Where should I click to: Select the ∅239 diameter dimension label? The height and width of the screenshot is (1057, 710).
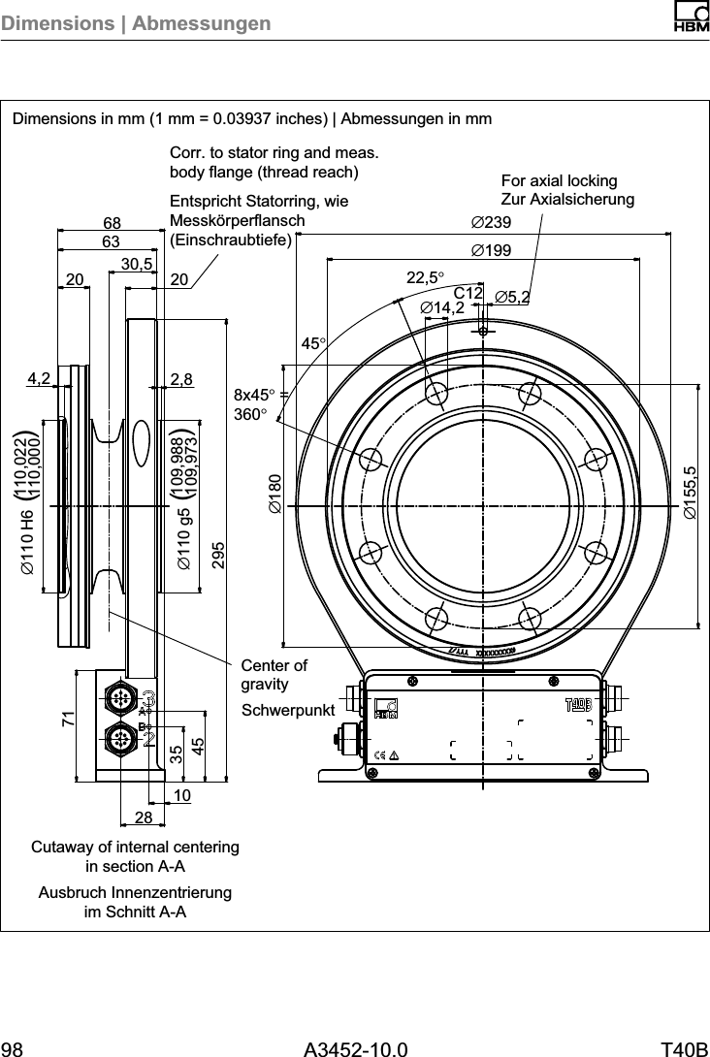[491, 224]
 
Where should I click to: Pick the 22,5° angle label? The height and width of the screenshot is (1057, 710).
[425, 277]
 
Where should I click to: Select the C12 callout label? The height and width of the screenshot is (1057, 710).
[468, 293]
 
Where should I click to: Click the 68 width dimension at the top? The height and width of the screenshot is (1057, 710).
[112, 223]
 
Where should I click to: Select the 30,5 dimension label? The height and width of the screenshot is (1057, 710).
[138, 264]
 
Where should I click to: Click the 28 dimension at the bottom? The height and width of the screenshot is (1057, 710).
[144, 818]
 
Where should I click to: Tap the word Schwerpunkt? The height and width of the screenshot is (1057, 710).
[287, 711]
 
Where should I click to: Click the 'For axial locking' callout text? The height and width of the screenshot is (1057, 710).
[559, 181]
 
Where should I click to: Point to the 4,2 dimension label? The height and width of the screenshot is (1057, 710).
[39, 379]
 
